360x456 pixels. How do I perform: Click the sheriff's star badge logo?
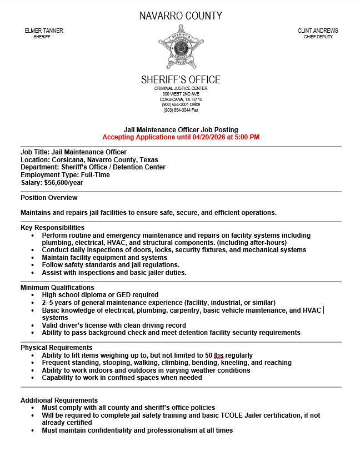[181, 48]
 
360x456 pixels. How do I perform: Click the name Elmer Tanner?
[44, 31]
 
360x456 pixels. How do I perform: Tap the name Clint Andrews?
[318, 31]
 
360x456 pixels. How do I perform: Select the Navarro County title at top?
[181, 16]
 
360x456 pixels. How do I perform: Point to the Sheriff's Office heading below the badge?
[181, 79]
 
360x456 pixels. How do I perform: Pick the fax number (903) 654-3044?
[175, 110]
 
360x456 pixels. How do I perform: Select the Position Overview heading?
[49, 198]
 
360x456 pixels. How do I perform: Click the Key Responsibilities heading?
[52, 227]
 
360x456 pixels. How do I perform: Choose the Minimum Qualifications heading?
[57, 287]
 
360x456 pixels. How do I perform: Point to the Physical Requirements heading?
[56, 348]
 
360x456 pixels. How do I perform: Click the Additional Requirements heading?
[59, 400]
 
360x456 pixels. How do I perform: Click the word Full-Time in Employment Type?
[95, 175]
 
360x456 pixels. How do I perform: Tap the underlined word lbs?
[218, 355]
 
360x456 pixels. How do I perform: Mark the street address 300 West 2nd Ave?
[181, 94]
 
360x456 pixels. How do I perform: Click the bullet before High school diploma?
[34, 295]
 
